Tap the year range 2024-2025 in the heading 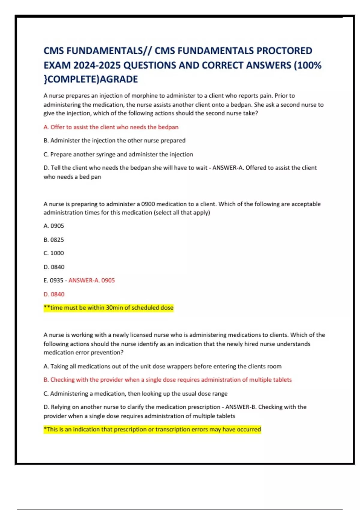click(97, 65)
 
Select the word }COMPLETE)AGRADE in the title click(91, 79)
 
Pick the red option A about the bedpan click(111, 127)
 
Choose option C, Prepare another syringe click(118, 154)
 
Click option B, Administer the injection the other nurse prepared click(115, 141)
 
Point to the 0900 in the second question click(148, 204)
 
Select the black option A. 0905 click(54, 226)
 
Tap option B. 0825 click(54, 240)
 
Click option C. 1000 click(54, 253)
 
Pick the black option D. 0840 click(54, 267)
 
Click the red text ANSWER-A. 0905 click(91, 280)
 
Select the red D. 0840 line click(54, 294)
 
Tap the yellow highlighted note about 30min click(109, 308)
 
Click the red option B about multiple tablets click(167, 380)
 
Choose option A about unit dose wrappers click(162, 366)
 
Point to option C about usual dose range click(135, 394)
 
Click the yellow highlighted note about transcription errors click(152, 430)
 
